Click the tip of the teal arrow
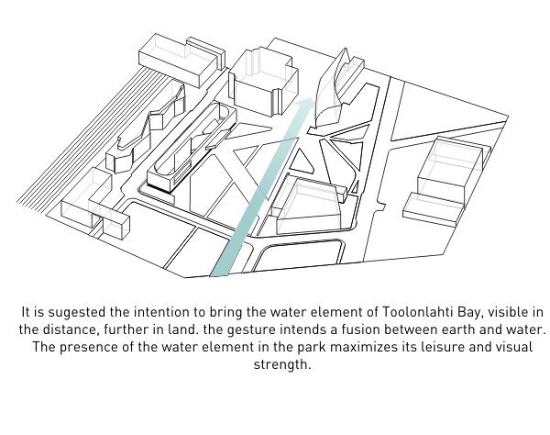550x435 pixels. coord(313,98)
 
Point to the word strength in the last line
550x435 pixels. coord(280,364)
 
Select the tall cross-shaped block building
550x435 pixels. coord(262,81)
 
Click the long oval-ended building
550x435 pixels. coord(192,148)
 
